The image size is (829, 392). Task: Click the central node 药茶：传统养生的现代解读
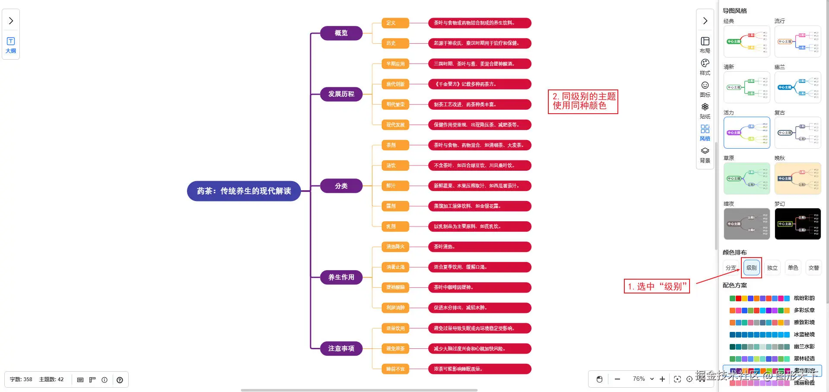pyautogui.click(x=244, y=191)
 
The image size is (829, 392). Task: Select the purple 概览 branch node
pyautogui.click(x=341, y=33)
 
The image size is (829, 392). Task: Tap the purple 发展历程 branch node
pyautogui.click(x=341, y=94)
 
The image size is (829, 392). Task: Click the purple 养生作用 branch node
pyautogui.click(x=341, y=277)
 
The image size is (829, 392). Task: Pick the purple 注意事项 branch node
pyautogui.click(x=341, y=348)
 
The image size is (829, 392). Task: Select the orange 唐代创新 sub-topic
pyautogui.click(x=395, y=84)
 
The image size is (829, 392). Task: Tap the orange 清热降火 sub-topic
pyautogui.click(x=395, y=247)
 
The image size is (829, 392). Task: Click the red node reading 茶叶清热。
pyautogui.click(x=479, y=247)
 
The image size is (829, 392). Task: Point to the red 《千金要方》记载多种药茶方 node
pyautogui.click(x=479, y=84)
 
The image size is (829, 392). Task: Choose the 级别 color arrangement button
pyautogui.click(x=751, y=268)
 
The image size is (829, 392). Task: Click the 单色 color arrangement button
pyautogui.click(x=793, y=268)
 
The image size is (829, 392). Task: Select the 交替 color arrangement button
pyautogui.click(x=813, y=268)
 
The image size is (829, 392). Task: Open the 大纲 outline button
pyautogui.click(x=11, y=45)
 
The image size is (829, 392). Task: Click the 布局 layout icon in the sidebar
pyautogui.click(x=705, y=45)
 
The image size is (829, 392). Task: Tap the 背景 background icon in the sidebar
pyautogui.click(x=705, y=154)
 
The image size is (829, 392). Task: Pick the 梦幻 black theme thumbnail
pyautogui.click(x=797, y=224)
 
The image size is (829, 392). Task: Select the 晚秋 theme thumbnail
pyautogui.click(x=797, y=178)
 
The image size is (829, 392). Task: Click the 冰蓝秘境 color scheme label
pyautogui.click(x=804, y=335)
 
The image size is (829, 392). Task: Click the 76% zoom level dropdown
pyautogui.click(x=643, y=379)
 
